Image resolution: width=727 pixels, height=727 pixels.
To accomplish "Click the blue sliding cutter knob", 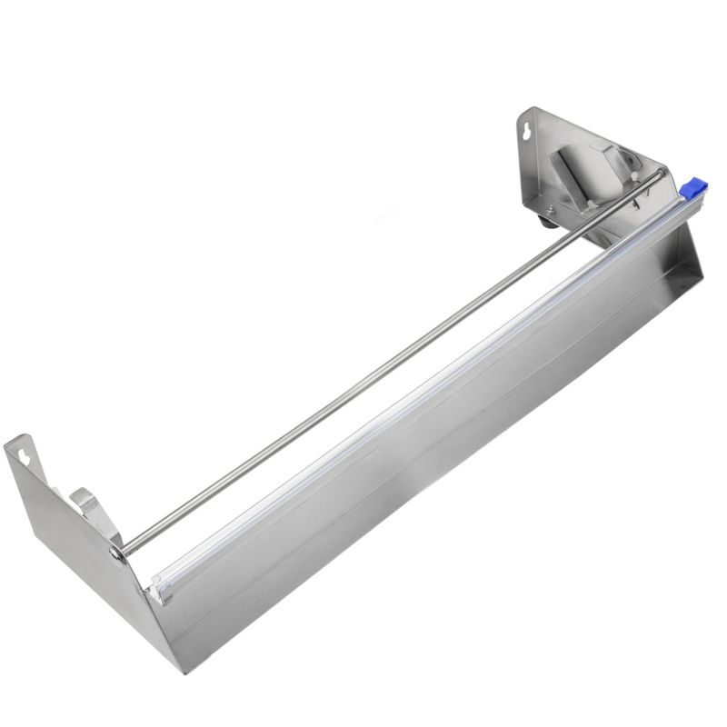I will point(693,189).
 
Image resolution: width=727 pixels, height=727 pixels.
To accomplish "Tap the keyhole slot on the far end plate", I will point(526,133).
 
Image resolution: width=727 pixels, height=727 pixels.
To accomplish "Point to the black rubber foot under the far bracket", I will point(546,221).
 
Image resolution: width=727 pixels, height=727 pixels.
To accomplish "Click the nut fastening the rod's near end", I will point(117,552).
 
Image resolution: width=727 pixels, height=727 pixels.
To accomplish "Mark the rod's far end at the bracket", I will point(662,174).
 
